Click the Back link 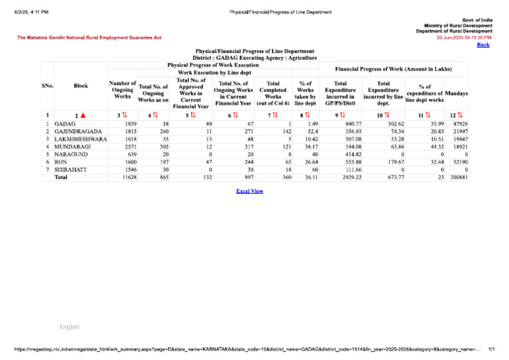483,44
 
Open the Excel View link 250,191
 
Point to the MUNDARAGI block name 73,147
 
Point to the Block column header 81,86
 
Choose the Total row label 61,178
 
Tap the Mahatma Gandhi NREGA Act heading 89,38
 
